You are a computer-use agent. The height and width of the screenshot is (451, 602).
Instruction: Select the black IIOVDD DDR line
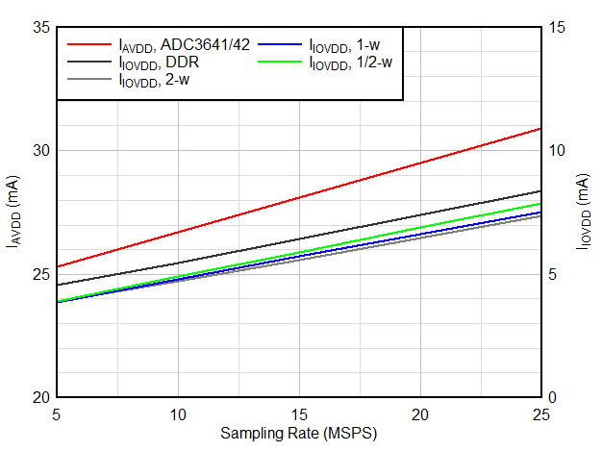pos(298,238)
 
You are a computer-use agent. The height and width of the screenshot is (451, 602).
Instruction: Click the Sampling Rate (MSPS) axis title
pos(298,434)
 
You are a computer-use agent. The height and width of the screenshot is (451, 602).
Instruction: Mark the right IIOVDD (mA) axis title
pos(584,213)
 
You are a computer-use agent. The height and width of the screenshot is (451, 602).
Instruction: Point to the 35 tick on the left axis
pos(41,27)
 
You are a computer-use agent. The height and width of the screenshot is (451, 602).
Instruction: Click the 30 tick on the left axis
pos(41,151)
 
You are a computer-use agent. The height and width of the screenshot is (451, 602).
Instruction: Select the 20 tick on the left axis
pos(41,397)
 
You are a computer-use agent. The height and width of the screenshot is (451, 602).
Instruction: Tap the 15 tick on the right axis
pos(554,27)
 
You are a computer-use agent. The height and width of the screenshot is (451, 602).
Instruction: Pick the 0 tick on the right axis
pos(551,397)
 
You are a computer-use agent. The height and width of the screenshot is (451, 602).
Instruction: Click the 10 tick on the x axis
pos(178,413)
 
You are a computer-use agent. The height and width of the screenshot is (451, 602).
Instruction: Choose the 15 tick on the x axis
pos(299,413)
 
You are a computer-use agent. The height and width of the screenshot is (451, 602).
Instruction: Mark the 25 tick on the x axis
pos(540,413)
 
